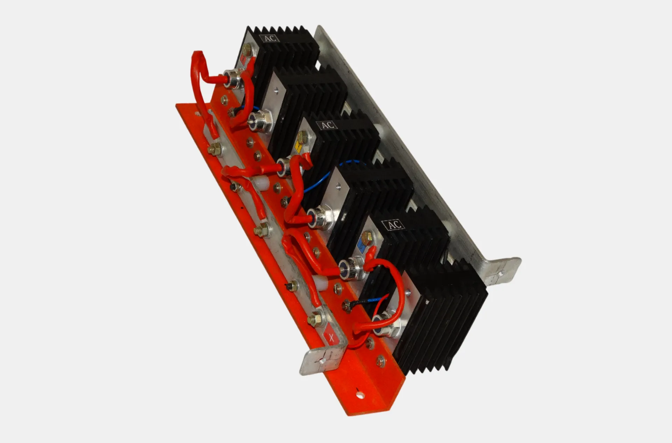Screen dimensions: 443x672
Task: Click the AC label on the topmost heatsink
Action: pos(270,38)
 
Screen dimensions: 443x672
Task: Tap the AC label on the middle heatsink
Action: pos(327,125)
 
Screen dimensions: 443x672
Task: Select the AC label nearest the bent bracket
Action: pos(394,225)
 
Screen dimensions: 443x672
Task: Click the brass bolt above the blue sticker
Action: pos(367,237)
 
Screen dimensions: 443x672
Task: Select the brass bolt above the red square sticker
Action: pos(247,49)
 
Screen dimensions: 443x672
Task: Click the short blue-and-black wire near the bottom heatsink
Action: pos(364,302)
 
